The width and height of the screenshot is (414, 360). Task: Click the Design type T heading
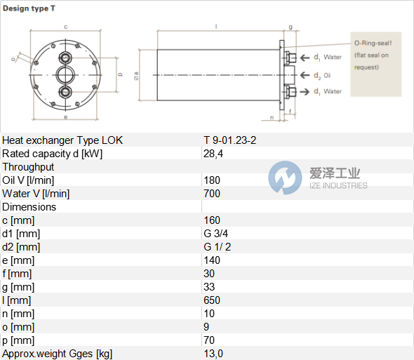tap(29, 8)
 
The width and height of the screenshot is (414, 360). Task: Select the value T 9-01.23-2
tap(229, 140)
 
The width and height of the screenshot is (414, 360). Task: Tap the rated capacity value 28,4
tap(213, 154)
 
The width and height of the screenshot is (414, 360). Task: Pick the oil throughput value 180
tap(212, 180)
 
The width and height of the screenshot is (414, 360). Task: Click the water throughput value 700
tap(212, 194)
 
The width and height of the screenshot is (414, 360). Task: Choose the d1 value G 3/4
tap(215, 234)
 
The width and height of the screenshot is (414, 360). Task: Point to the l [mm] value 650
tap(212, 300)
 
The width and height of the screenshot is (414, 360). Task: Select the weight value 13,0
tap(213, 354)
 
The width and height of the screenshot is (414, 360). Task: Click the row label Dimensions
tap(29, 207)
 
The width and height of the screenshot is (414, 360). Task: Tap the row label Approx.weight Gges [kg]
tap(57, 354)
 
